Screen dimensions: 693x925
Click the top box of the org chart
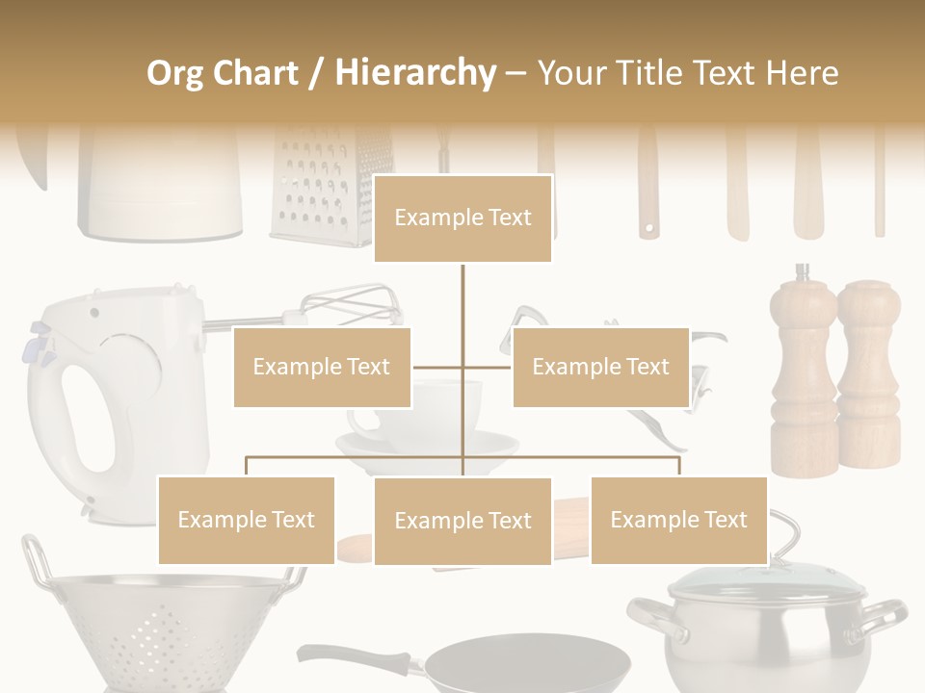462,218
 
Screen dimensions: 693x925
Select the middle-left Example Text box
322,367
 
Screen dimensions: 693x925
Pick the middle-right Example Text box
600,367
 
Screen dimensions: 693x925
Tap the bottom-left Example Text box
247,520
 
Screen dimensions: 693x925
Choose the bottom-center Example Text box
462,521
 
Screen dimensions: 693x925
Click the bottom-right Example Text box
678,520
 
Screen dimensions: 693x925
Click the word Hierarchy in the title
415,72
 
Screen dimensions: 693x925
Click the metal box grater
330,188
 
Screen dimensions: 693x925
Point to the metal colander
154,626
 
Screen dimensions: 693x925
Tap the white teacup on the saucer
424,414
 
